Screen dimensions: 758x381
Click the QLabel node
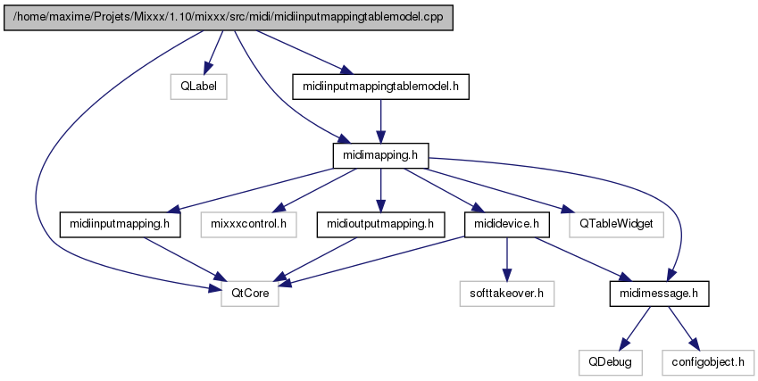[198, 87]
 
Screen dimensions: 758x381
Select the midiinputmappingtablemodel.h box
[380, 87]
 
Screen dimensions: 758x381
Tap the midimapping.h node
[380, 155]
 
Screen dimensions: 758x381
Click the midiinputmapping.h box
[120, 224]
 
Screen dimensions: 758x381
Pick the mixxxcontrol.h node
[248, 224]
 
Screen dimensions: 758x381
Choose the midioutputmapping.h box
[380, 224]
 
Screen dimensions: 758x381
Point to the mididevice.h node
[506, 224]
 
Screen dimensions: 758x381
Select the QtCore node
[250, 294]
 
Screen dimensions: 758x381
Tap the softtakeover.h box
[506, 294]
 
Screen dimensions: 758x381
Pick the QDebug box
[610, 362]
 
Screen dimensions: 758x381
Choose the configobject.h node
[708, 362]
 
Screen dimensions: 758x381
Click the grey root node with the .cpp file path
[229, 18]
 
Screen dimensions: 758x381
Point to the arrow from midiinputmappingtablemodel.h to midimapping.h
[380, 121]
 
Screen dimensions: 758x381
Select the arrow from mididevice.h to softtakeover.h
[506, 259]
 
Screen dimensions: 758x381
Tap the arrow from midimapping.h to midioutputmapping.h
[380, 190]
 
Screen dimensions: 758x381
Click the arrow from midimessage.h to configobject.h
[684, 327]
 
